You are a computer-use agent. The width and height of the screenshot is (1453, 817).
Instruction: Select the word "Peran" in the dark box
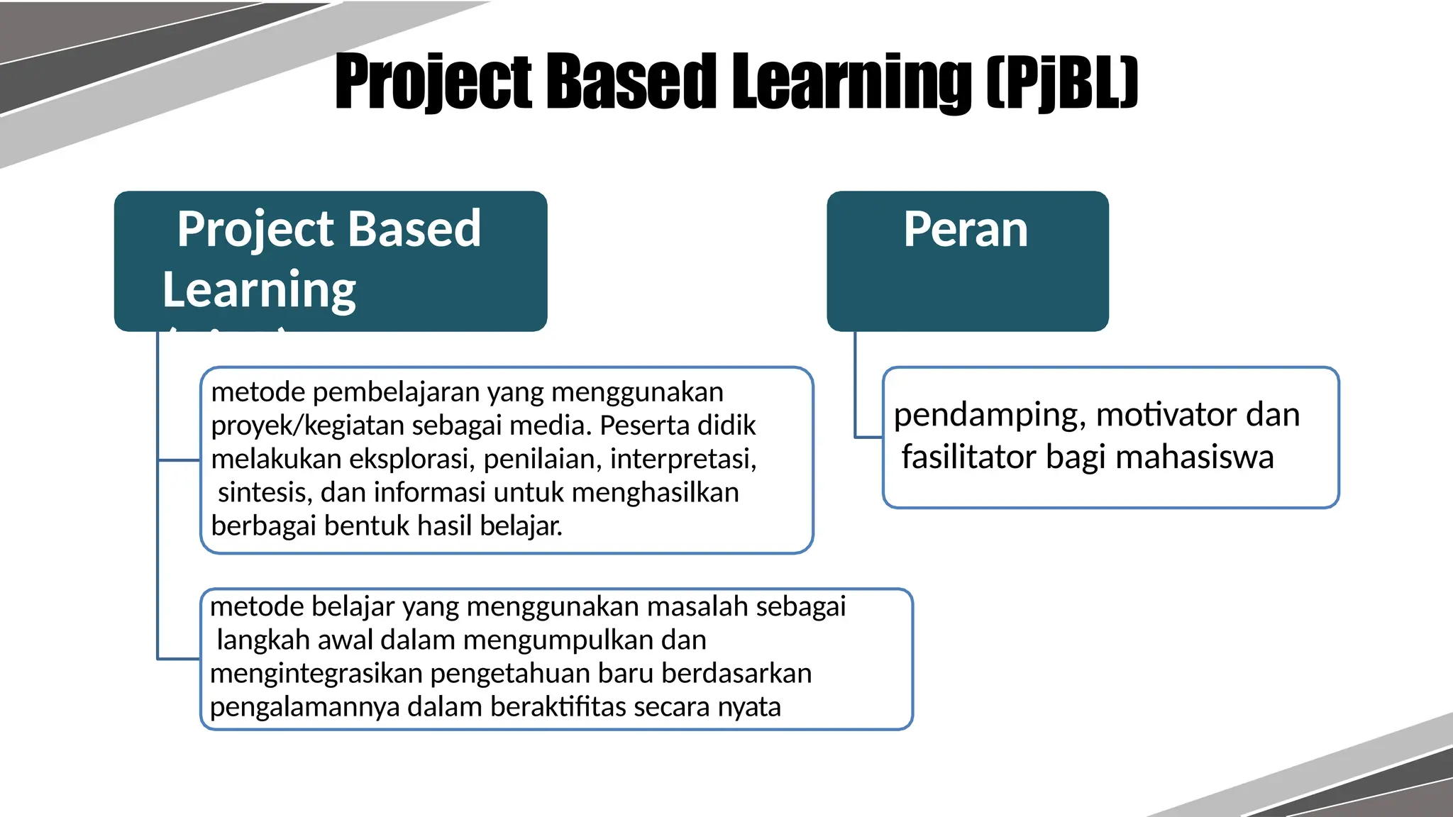click(966, 230)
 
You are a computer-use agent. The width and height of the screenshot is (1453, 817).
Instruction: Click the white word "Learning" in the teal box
click(259, 290)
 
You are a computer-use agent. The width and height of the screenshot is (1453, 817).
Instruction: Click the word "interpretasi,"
click(683, 459)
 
